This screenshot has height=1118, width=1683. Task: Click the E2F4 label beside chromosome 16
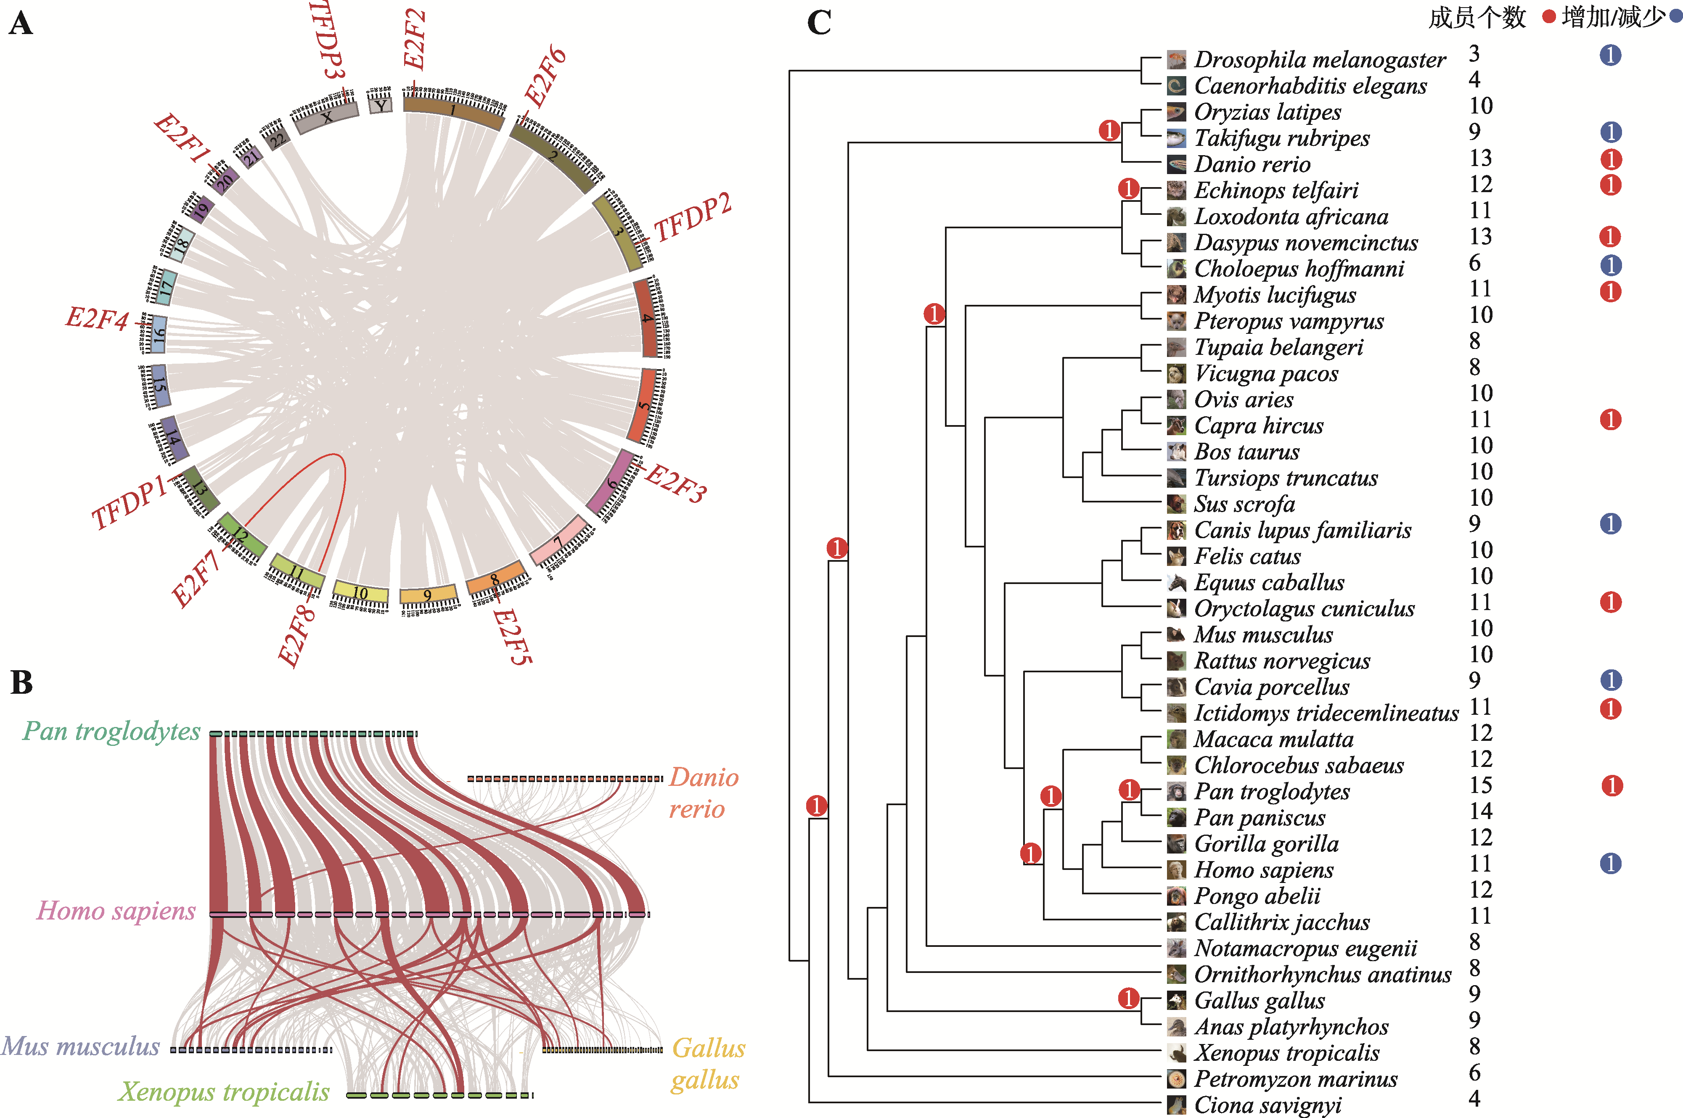click(97, 318)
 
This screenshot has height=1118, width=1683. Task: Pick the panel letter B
click(21, 682)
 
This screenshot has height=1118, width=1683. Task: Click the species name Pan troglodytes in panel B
click(111, 731)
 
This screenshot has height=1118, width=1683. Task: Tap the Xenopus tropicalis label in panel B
click(224, 1092)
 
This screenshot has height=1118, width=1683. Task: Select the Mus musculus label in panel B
click(81, 1046)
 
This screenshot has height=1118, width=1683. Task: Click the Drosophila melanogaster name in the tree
click(1319, 60)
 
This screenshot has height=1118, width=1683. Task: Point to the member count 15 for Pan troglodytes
click(1480, 785)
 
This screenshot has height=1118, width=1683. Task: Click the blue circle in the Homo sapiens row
click(1610, 864)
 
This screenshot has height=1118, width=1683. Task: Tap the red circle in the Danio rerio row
click(1610, 159)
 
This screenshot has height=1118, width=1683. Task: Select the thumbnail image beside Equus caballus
click(1176, 582)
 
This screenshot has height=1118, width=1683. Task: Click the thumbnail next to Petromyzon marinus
click(1176, 1079)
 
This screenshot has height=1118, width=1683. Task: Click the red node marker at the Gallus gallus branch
click(1128, 998)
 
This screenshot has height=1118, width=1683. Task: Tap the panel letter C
click(819, 22)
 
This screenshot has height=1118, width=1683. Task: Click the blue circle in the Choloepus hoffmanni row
click(1610, 265)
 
